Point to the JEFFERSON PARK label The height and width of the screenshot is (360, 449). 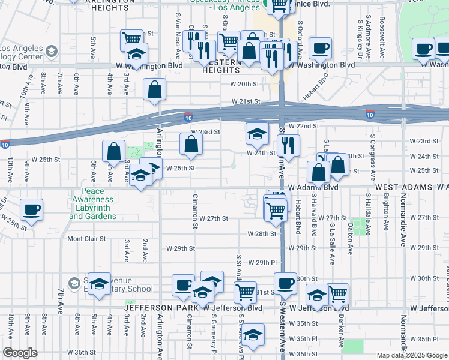coord(161,308)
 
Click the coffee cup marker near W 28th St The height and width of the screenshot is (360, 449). coord(31,211)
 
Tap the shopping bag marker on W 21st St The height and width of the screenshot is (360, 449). coord(155,90)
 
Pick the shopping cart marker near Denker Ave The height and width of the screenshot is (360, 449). coord(338,294)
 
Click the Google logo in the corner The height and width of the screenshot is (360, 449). coord(20,353)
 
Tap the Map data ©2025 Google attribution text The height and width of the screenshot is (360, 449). coord(412,355)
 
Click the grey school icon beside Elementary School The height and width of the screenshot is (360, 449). coord(74,283)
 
